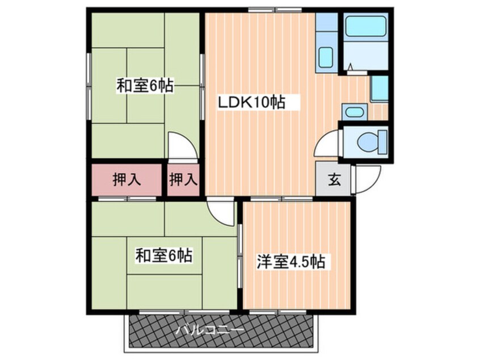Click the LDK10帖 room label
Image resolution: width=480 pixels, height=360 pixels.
(251, 102)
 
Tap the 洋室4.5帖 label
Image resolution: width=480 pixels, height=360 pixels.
(290, 262)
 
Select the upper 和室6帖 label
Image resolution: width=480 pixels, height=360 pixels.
(145, 86)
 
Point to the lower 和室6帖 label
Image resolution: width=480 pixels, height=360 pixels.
(164, 255)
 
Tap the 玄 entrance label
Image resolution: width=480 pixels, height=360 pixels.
(335, 179)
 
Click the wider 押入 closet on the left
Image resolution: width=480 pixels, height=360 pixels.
(127, 179)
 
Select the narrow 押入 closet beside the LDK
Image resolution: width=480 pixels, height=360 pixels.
(183, 179)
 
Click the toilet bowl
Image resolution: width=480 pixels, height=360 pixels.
(367, 142)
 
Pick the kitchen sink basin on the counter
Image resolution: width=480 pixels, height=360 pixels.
(326, 57)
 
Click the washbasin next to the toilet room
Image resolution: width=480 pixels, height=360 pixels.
(354, 112)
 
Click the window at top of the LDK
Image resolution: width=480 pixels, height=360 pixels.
(275, 10)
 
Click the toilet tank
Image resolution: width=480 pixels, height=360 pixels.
(382, 142)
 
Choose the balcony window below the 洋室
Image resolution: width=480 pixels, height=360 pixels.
(277, 312)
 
